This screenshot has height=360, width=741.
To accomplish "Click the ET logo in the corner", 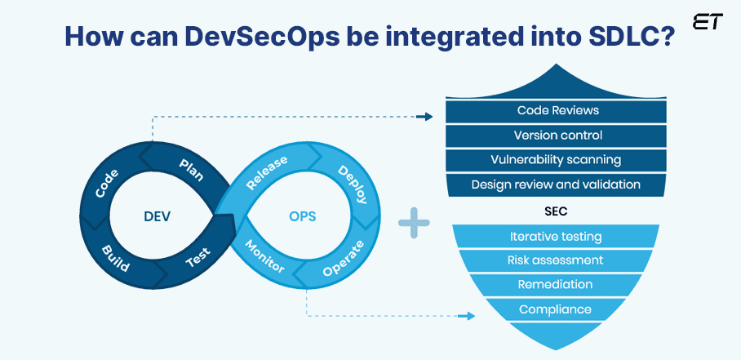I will [x=708, y=22].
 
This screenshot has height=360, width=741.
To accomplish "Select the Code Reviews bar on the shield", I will [x=557, y=110].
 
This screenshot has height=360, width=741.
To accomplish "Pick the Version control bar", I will [x=557, y=135].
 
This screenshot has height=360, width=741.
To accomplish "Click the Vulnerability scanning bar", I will [x=557, y=159].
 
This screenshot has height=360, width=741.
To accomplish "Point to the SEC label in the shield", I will [x=556, y=211].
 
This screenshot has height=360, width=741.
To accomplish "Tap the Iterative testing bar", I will [x=556, y=237].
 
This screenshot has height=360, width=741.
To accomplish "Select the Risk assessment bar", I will [x=556, y=260].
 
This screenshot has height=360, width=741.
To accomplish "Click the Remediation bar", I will [x=556, y=285].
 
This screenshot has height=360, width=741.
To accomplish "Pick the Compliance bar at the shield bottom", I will [x=556, y=309].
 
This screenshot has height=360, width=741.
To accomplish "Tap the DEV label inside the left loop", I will [x=157, y=217].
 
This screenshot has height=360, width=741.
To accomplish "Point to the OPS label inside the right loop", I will [x=302, y=217].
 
